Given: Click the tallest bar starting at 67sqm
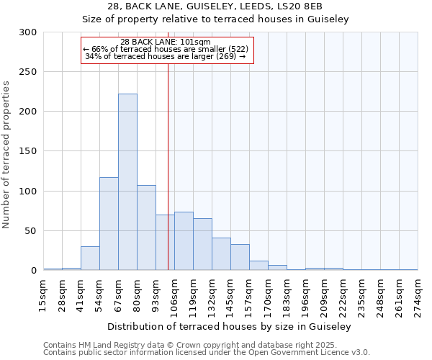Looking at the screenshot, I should point(127,182).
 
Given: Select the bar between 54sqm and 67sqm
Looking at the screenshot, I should point(109,224).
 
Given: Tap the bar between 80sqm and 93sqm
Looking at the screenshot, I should point(146,228).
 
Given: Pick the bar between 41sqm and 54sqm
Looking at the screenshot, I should point(90,258).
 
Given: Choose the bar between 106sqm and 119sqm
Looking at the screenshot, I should point(184,241).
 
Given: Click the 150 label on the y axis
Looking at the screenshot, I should point(28,152).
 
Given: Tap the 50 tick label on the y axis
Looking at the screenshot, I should point(31,231).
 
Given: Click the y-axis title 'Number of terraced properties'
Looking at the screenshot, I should point(6,154).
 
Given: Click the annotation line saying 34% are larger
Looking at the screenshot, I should point(166,56).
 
